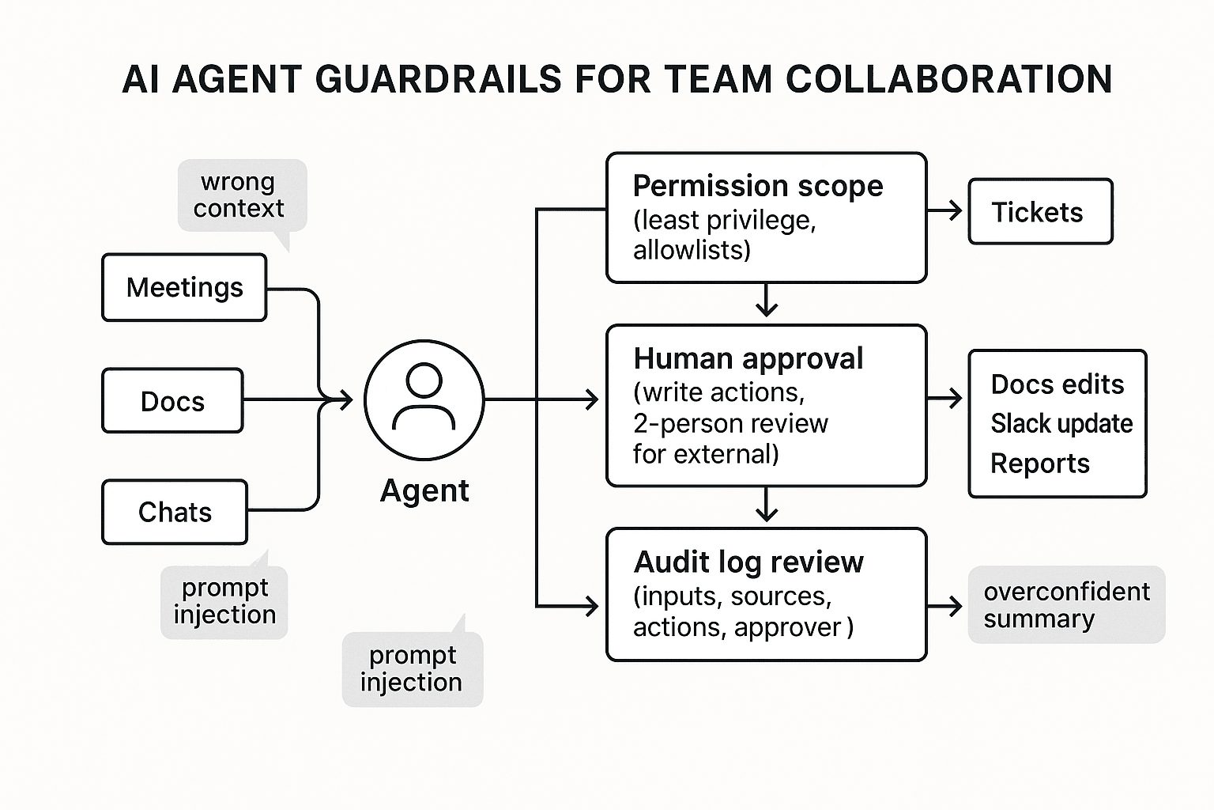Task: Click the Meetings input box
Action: (184, 287)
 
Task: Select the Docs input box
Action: (172, 401)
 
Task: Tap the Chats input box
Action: (175, 512)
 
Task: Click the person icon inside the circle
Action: (424, 399)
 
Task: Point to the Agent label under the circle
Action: (424, 490)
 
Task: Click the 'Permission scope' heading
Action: (757, 186)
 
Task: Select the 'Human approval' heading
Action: (748, 358)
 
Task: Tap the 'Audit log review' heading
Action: (748, 562)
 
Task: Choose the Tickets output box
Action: (1039, 212)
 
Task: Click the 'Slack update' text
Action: (1061, 423)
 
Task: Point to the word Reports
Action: (1039, 464)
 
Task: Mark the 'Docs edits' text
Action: (1057, 384)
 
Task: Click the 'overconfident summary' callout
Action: (1065, 605)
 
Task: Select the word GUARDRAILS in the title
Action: (438, 80)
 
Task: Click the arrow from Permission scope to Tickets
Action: (945, 210)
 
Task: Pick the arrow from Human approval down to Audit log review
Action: (766, 505)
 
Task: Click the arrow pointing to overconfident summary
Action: (945, 607)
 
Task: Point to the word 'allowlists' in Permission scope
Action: (691, 250)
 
